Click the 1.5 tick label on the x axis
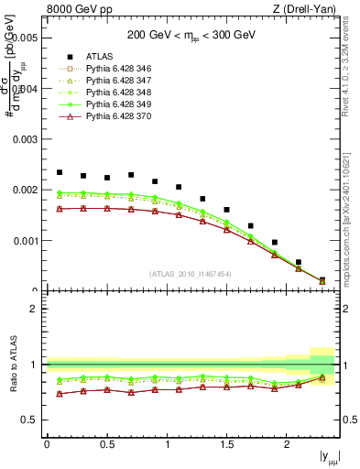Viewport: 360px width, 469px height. pos(227,444)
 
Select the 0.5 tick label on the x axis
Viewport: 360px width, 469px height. pos(107,444)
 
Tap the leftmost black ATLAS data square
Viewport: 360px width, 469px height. pos(60,172)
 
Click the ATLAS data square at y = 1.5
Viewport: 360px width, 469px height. pos(226,210)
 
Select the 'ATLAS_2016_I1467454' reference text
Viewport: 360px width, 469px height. pos(191,274)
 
